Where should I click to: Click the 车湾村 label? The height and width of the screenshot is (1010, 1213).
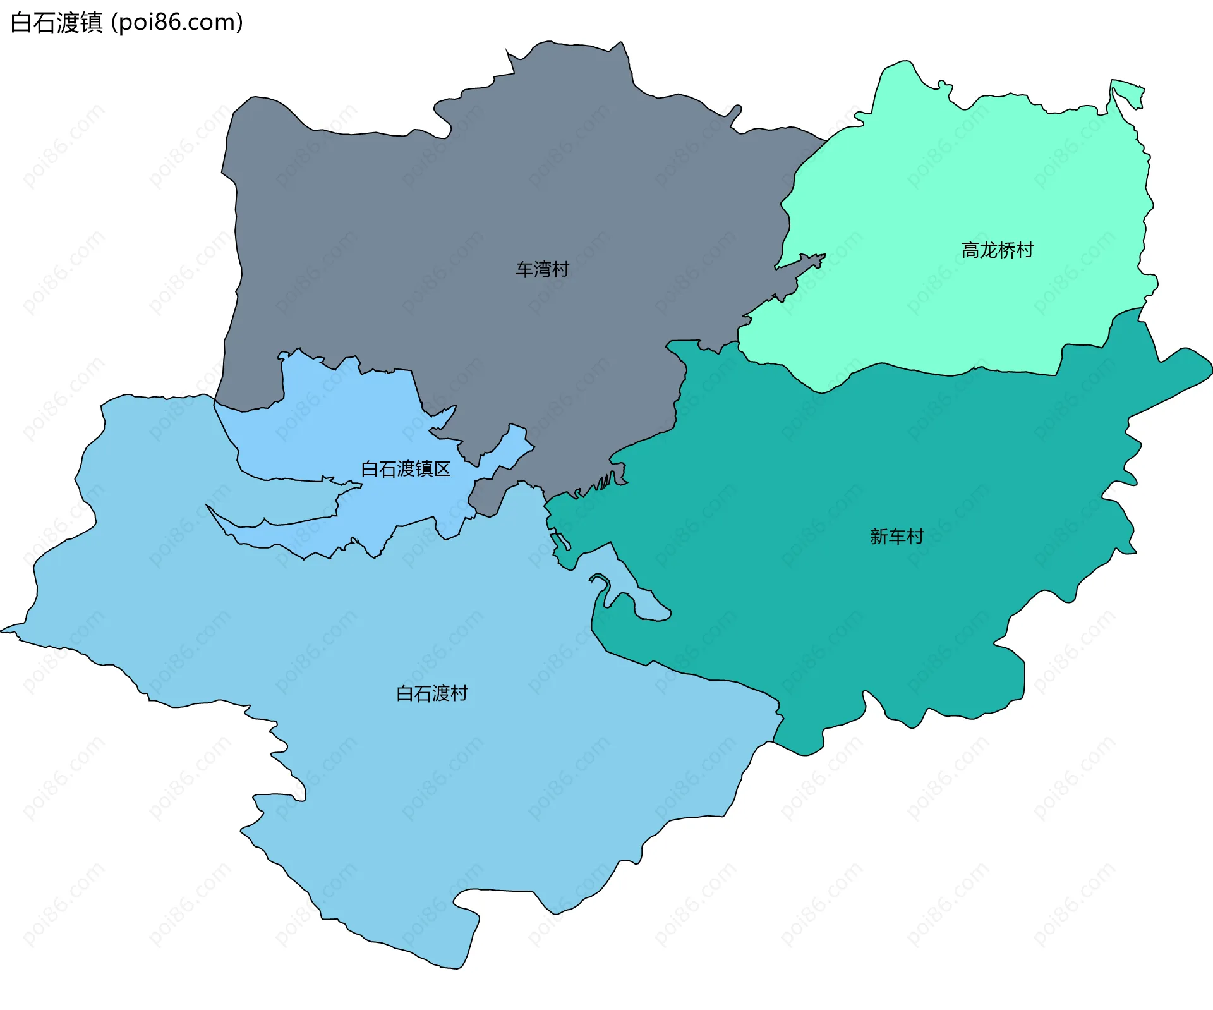[x=542, y=269]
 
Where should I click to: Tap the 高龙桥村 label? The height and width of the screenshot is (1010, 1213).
[x=997, y=250]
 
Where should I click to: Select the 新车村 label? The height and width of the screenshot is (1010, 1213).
[x=896, y=537]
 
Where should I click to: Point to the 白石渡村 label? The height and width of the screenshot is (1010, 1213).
[x=431, y=693]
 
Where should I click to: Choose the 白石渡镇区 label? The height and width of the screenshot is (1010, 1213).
[x=406, y=469]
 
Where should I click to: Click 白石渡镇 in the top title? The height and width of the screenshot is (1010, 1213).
[x=57, y=23]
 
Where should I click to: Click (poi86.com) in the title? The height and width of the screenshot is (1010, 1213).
[x=177, y=23]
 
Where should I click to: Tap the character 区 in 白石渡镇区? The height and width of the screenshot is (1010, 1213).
[x=442, y=469]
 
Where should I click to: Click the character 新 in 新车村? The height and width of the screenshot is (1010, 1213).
[x=879, y=537]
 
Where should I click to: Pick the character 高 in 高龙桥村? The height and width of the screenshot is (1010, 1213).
[x=970, y=250]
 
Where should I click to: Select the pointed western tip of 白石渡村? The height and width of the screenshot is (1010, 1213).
[x=5, y=630]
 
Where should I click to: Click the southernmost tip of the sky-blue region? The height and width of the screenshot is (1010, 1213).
[x=452, y=965]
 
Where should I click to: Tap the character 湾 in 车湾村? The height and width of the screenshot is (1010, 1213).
[x=542, y=269]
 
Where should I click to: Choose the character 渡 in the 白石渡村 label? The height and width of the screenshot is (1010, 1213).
[x=432, y=693]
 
